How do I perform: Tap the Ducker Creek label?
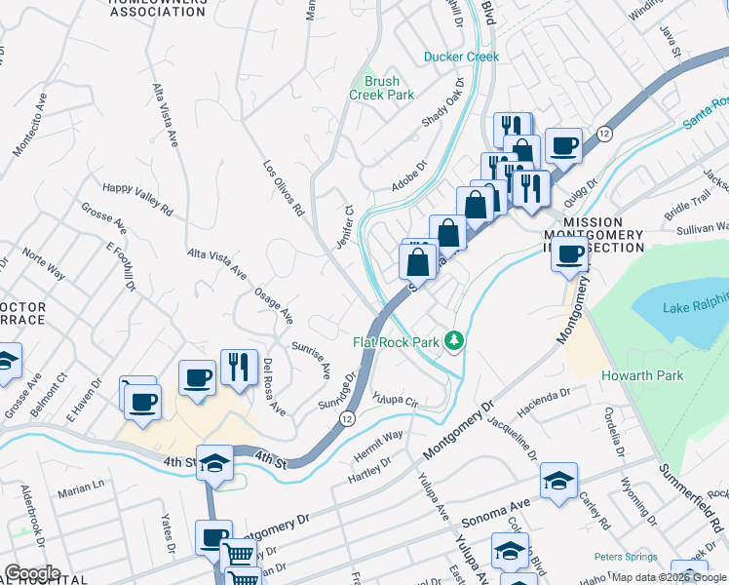tap(461, 57)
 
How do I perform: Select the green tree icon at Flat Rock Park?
tap(453, 341)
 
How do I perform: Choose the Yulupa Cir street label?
tap(395, 400)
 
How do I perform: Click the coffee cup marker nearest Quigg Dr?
tap(563, 146)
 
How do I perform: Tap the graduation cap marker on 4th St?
tap(214, 465)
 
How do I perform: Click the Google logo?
tap(31, 573)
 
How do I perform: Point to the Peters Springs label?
tap(627, 558)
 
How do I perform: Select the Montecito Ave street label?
tap(29, 126)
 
